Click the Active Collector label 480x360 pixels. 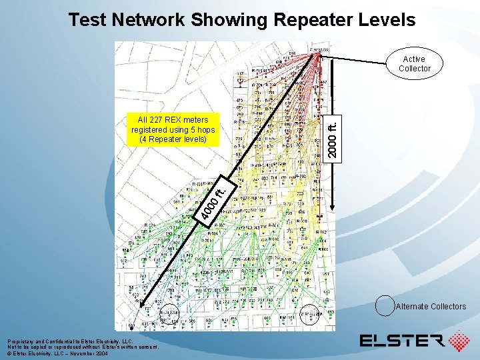(415, 64)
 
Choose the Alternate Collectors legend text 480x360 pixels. (431, 307)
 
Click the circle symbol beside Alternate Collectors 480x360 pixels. (385, 305)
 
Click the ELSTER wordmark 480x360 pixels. (402, 341)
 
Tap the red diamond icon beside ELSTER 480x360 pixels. (459, 341)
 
